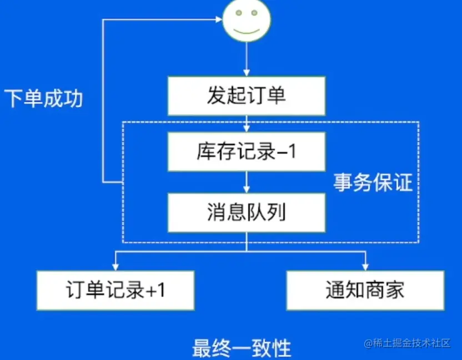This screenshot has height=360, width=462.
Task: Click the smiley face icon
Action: (247, 21)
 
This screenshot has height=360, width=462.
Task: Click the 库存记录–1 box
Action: (247, 151)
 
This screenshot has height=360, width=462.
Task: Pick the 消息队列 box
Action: (247, 212)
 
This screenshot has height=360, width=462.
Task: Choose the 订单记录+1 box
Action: (115, 290)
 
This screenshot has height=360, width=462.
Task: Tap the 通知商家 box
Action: (365, 290)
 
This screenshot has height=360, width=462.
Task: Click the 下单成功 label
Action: (43, 98)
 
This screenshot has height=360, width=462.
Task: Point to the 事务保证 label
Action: (373, 182)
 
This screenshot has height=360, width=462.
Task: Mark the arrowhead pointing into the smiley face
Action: (219, 21)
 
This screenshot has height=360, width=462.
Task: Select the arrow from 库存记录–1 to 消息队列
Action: (247, 182)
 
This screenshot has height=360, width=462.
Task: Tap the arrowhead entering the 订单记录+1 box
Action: (115, 267)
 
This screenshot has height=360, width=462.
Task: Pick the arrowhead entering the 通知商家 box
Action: (365, 267)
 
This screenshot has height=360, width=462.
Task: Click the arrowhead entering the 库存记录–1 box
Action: (247, 128)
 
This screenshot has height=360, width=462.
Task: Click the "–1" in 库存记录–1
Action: (287, 151)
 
